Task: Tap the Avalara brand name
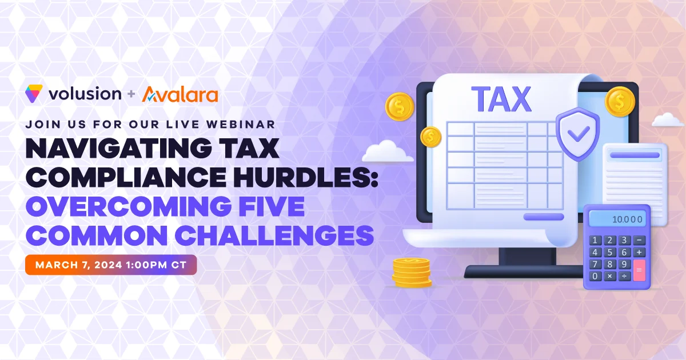pos(180,94)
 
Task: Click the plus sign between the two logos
pos(131,94)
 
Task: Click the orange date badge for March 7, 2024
pos(111,265)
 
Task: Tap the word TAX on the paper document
pos(501,98)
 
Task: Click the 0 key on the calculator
pos(595,277)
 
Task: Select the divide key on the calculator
pos(624,277)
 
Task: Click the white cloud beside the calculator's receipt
pos(667,119)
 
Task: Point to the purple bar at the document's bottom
pos(544,217)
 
